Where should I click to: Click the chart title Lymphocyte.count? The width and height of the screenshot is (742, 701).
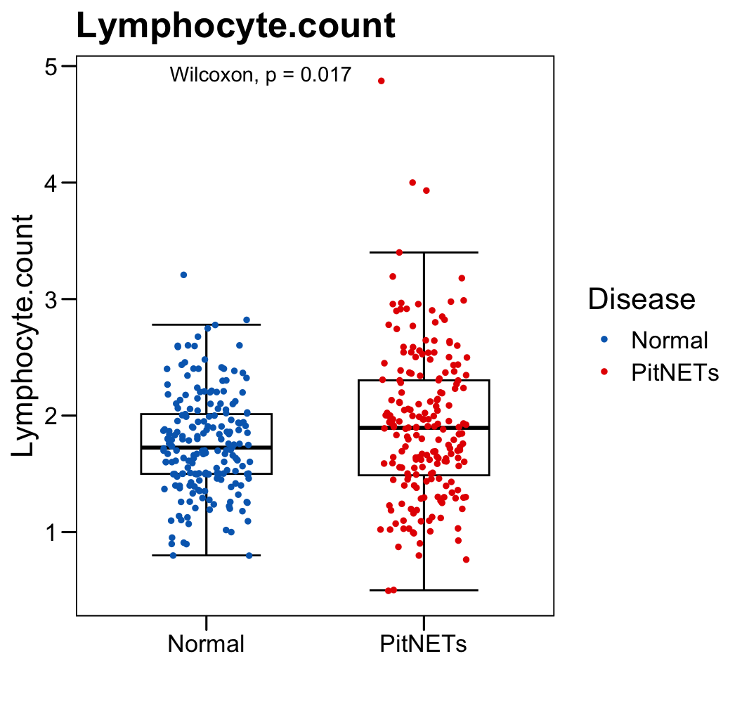click(235, 27)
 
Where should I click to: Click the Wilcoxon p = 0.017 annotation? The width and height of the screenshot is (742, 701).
click(260, 74)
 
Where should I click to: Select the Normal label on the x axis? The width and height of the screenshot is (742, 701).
click(206, 643)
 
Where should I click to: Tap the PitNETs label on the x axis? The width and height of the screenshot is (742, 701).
click(424, 643)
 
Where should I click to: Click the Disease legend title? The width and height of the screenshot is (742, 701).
click(642, 299)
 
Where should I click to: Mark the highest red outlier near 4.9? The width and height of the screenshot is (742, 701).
click(382, 81)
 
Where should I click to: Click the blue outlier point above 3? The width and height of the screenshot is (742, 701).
click(183, 275)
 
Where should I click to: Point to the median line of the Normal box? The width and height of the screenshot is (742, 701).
click(206, 447)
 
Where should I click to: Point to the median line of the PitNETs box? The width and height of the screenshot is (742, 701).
click(424, 427)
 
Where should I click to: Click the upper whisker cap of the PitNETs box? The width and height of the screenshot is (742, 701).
click(424, 252)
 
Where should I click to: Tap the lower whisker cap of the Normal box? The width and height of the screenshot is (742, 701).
click(206, 555)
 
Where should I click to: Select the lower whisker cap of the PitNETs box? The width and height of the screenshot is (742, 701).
click(424, 590)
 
